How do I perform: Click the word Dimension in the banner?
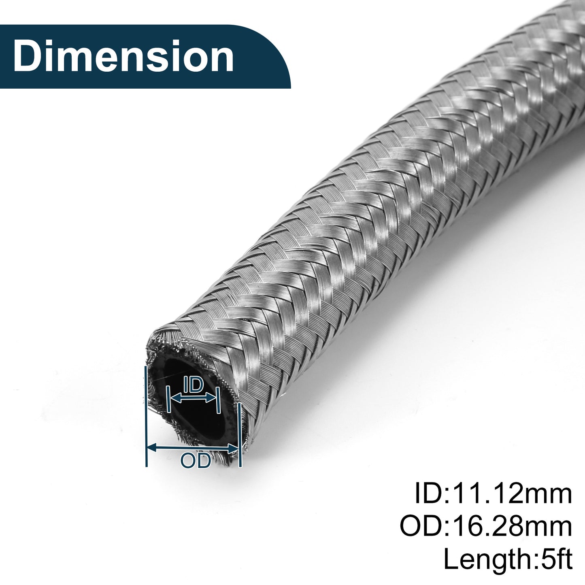(x=123, y=57)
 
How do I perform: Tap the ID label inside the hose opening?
(x=194, y=385)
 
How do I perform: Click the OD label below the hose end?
(x=196, y=461)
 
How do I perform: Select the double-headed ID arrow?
(x=193, y=398)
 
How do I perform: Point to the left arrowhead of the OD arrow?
(x=152, y=447)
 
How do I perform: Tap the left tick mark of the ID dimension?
(x=168, y=399)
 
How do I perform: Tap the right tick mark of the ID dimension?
(x=218, y=400)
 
